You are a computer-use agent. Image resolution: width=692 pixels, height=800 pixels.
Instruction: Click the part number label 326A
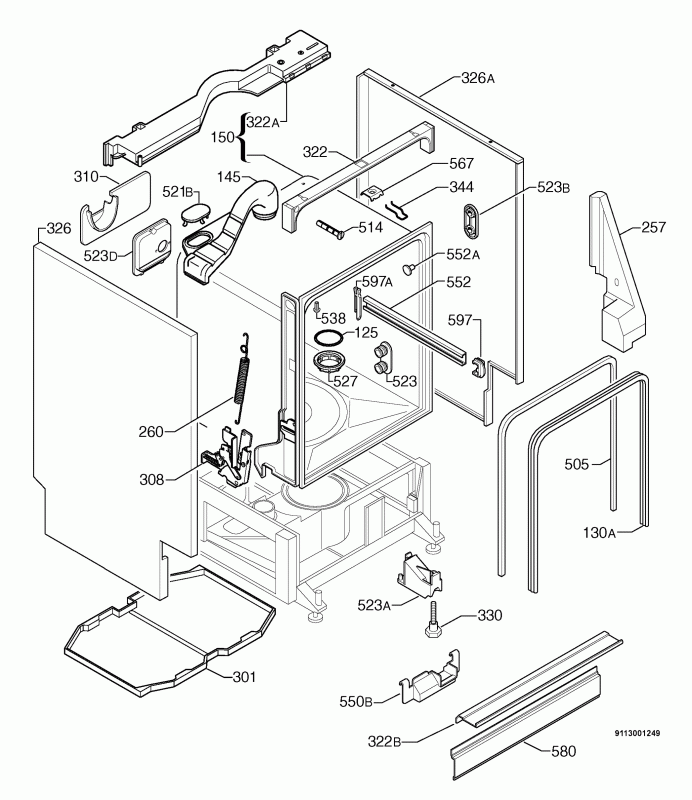(477, 78)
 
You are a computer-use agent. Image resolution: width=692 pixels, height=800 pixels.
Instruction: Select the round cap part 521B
(197, 212)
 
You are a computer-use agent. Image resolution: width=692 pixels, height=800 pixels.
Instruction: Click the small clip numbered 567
(375, 190)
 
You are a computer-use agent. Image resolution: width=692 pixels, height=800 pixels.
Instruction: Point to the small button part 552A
(409, 268)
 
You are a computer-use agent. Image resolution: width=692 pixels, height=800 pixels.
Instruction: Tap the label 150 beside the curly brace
(225, 136)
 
